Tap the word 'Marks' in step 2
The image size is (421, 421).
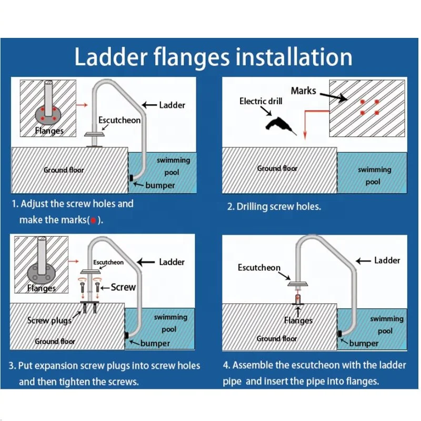pyautogui.click(x=303, y=91)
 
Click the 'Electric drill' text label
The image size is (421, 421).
pyautogui.click(x=262, y=101)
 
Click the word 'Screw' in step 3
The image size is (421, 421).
pyautogui.click(x=123, y=287)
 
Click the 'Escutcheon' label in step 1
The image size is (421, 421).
pyautogui.click(x=119, y=120)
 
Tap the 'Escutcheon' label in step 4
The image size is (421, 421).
pyautogui.click(x=259, y=267)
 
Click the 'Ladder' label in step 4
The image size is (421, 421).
pyautogui.click(x=387, y=260)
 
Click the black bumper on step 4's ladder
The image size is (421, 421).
pyautogui.click(x=340, y=334)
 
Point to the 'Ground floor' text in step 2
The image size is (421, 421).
pyautogui.click(x=277, y=168)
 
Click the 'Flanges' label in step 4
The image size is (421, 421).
pyautogui.click(x=298, y=320)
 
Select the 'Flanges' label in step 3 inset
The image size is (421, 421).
pyautogui.click(x=42, y=288)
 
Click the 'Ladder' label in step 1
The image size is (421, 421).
pyautogui.click(x=172, y=105)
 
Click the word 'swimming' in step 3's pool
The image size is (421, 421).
pyautogui.click(x=170, y=317)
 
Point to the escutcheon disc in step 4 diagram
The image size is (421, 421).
pyautogui.click(x=298, y=284)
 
